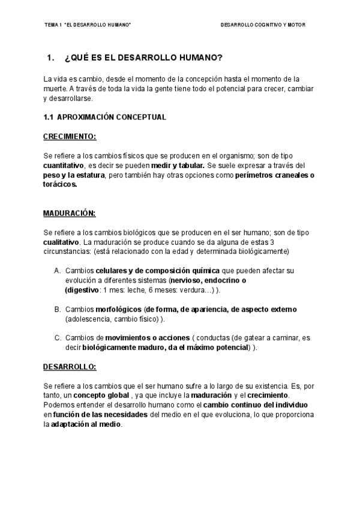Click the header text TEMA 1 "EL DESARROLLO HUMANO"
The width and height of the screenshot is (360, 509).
tap(88, 26)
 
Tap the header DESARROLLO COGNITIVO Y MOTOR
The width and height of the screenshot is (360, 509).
tap(267, 26)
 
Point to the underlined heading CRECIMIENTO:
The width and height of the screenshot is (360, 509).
tap(70, 136)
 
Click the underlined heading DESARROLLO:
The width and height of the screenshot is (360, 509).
tap(70, 366)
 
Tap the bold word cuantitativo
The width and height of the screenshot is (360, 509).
tap(63, 164)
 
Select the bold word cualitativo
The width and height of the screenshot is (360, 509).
tap(61, 241)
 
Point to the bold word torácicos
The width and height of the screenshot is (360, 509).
tap(60, 184)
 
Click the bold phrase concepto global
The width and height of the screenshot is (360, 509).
tap(101, 395)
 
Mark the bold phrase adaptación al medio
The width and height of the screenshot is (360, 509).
tap(86, 424)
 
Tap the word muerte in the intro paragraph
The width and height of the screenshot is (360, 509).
tap(55, 88)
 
